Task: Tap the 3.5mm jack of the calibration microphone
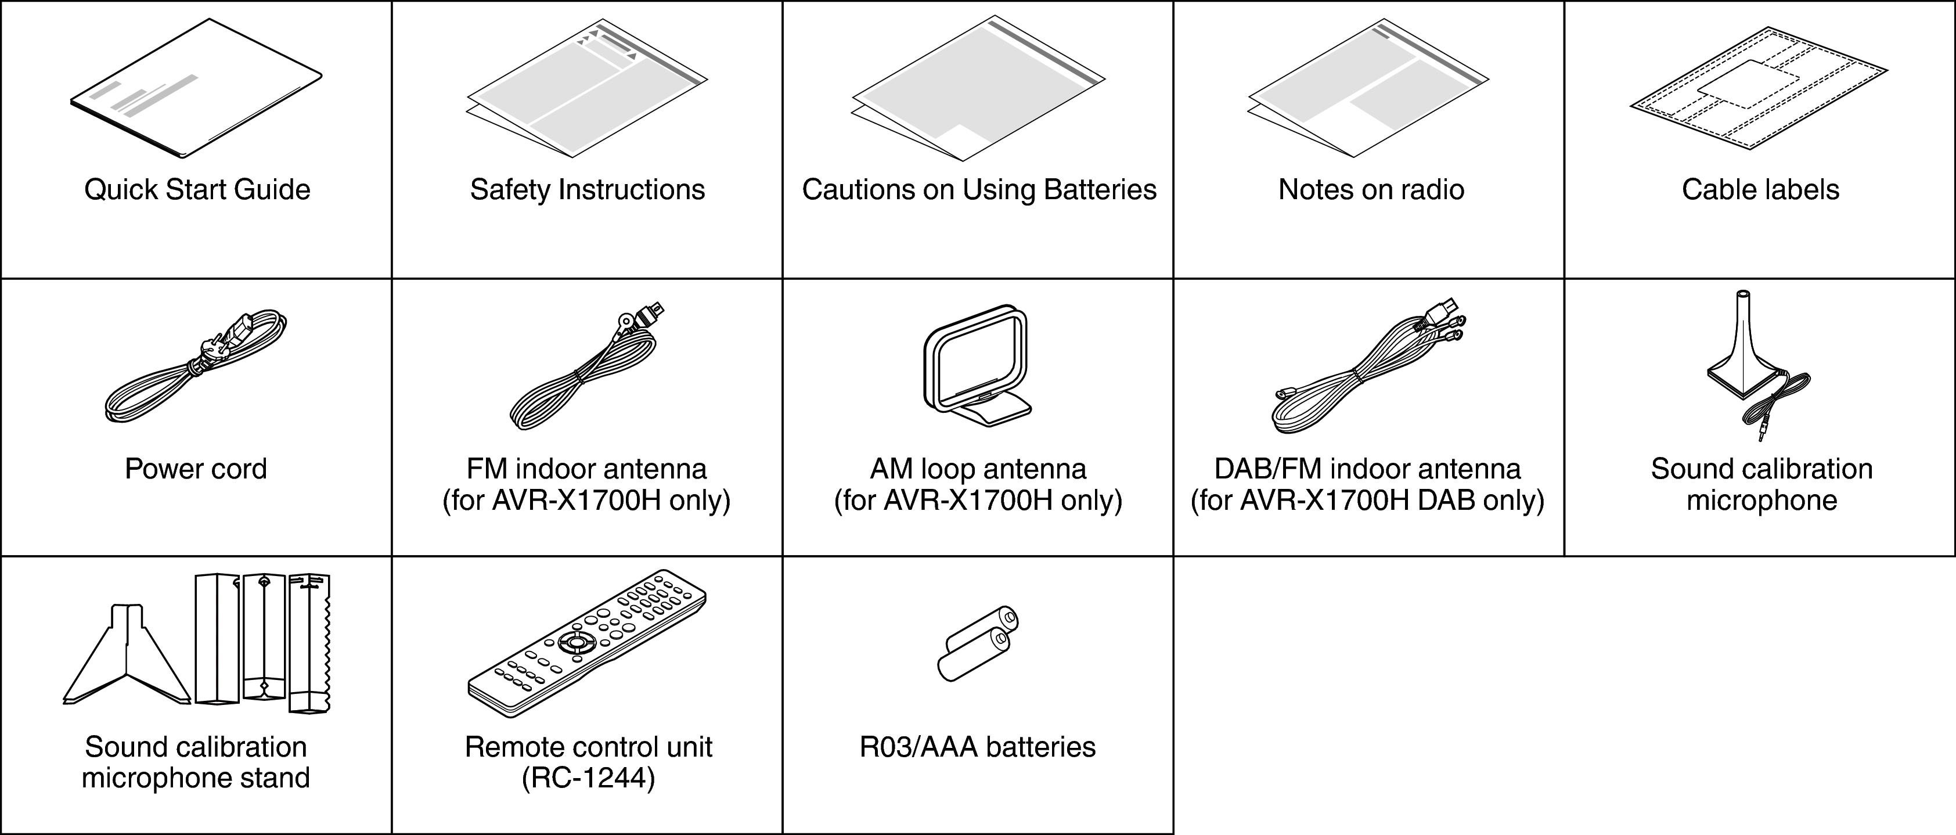[x=1762, y=434]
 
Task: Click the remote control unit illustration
[x=586, y=642]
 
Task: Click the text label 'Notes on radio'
[x=1371, y=190]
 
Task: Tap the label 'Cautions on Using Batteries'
[x=979, y=190]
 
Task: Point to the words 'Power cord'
[x=196, y=469]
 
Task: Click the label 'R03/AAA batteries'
[x=977, y=748]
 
